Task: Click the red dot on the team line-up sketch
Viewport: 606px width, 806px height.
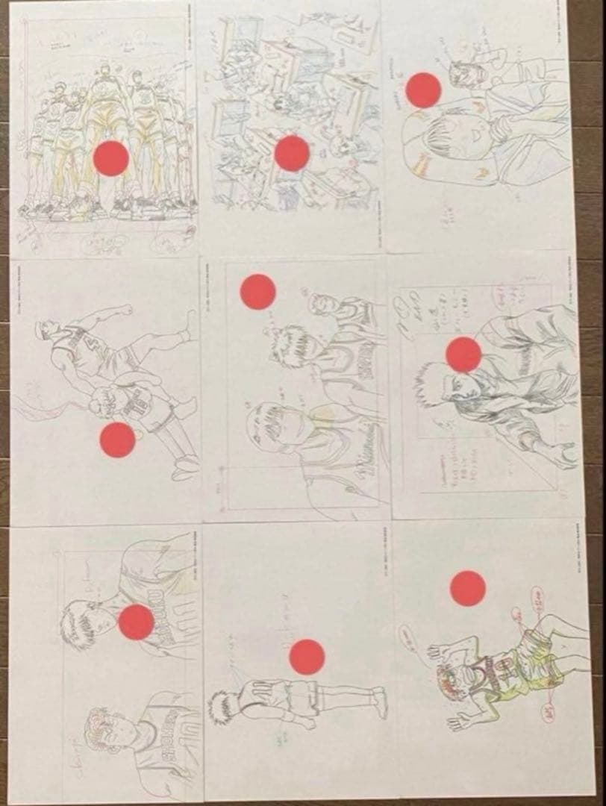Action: click(x=113, y=158)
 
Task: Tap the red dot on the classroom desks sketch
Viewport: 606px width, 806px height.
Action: click(x=291, y=153)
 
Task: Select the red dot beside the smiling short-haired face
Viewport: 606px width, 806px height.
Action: click(x=423, y=90)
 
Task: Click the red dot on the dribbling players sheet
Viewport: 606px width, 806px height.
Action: click(x=117, y=439)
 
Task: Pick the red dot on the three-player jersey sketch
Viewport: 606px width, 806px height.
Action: click(x=258, y=292)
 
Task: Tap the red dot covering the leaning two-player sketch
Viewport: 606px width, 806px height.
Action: click(x=463, y=354)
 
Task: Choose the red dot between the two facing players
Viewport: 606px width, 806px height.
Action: click(x=136, y=622)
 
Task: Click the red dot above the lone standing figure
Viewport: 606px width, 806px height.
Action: click(x=307, y=656)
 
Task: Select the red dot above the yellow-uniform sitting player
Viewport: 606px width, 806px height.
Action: click(x=468, y=588)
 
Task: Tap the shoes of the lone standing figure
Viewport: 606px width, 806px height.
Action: click(x=379, y=702)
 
